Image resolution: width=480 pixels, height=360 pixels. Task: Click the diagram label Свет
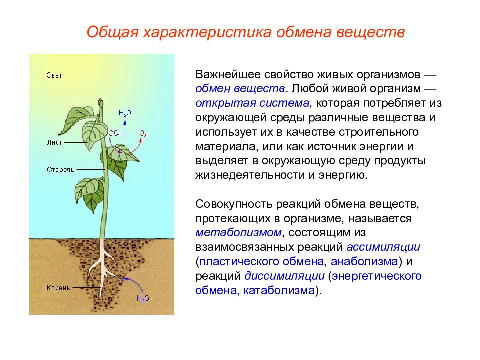(x=54, y=75)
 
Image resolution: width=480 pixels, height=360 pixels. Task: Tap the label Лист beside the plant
(x=54, y=142)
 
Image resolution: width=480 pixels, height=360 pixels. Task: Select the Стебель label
(x=61, y=169)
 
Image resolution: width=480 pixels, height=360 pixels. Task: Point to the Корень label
(x=59, y=288)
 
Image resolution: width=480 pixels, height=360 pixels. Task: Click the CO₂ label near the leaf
(x=115, y=134)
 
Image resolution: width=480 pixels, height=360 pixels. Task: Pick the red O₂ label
(x=143, y=134)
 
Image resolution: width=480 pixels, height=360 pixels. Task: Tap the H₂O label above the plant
(x=125, y=113)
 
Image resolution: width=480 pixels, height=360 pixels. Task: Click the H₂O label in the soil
(x=143, y=298)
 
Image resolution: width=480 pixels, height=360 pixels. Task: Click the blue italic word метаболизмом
(x=238, y=232)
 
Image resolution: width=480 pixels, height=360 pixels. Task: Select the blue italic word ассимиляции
(x=383, y=247)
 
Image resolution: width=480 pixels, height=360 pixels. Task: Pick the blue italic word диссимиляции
(x=284, y=276)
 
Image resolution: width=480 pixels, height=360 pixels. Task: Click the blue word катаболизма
(x=279, y=290)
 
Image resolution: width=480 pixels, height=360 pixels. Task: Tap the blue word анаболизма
(x=364, y=261)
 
